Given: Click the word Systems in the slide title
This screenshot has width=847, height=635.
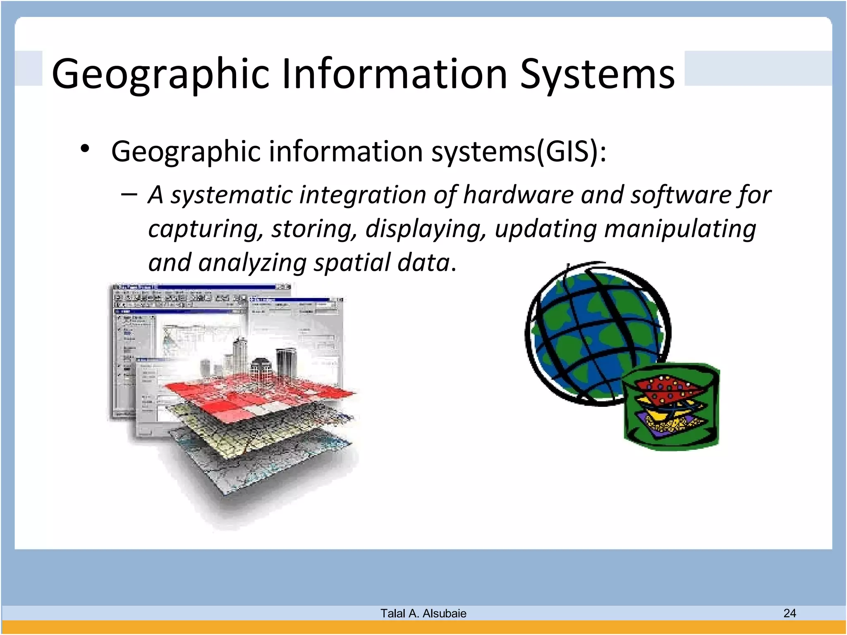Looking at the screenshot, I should click(x=597, y=74).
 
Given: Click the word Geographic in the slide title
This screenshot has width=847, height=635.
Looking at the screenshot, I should click(x=160, y=74).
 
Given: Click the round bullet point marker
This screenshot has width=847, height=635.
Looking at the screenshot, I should click(x=85, y=149).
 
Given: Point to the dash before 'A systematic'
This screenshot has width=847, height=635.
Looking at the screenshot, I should click(x=129, y=194).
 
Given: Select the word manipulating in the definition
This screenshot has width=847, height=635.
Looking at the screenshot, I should click(x=680, y=229).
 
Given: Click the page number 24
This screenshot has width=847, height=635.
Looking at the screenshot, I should click(x=789, y=613).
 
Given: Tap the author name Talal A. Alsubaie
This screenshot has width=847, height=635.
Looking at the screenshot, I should click(x=423, y=613).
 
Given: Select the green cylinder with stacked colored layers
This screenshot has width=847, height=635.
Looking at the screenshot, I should click(x=671, y=407).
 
